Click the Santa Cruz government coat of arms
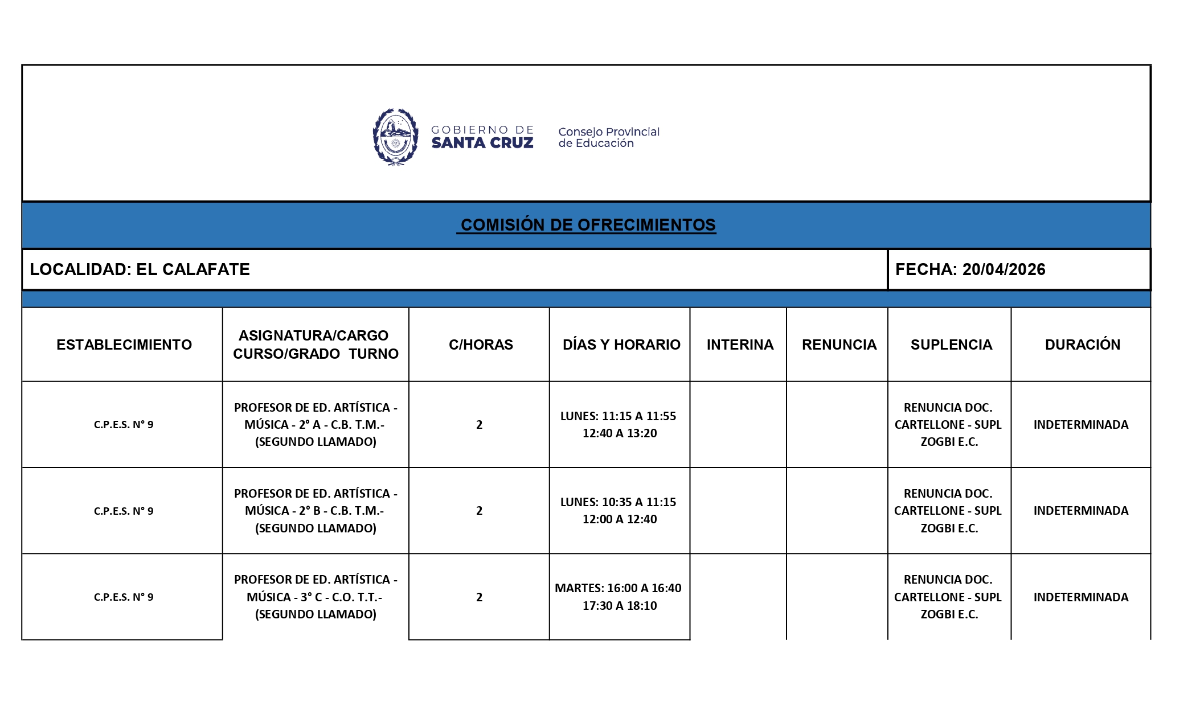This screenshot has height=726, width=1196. (395, 137)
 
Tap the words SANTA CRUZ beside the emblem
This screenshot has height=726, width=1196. (482, 143)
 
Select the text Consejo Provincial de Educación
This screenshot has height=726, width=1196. (608, 137)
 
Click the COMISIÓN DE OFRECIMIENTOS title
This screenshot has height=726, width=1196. (587, 225)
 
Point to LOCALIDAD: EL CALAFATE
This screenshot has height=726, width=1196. (140, 269)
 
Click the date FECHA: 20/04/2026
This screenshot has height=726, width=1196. (970, 269)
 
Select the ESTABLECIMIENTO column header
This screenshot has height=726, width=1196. (124, 344)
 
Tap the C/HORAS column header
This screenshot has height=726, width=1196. (480, 344)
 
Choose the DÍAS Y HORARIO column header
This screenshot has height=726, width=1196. (621, 344)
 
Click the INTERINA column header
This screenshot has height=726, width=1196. (739, 344)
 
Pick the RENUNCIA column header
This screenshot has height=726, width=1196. (838, 344)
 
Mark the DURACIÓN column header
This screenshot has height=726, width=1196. (1082, 344)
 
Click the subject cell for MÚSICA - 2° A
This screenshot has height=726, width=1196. (315, 425)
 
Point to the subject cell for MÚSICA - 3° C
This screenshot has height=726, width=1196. (315, 597)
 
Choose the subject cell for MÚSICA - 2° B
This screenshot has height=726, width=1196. (315, 511)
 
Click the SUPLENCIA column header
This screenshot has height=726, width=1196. (951, 344)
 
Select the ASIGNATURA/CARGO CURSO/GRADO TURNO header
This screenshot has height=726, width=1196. (315, 344)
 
